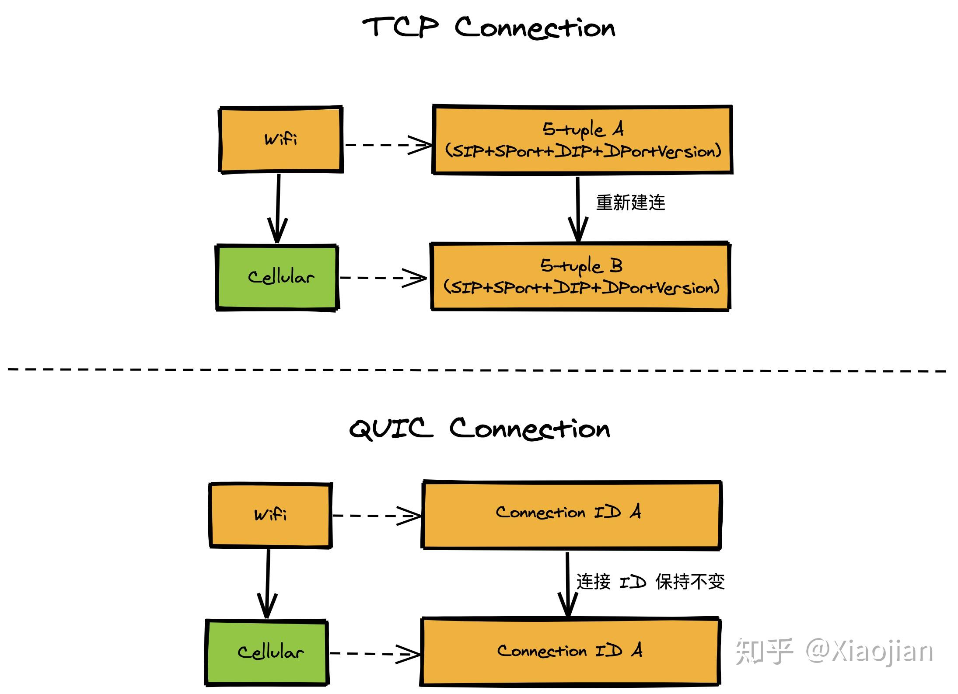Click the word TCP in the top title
pos(400,27)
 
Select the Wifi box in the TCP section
pos(280,139)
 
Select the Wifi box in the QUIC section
pos(270,515)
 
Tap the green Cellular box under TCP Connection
pos(277,277)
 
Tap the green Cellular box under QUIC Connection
pos(267,652)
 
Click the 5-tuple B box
pos(580,276)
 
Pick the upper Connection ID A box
pos(571,514)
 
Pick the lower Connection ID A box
pos(570,651)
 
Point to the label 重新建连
pos(630,203)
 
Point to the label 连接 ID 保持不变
pos(650,582)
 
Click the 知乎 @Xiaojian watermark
pos(834,651)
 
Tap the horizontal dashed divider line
pos(477,370)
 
